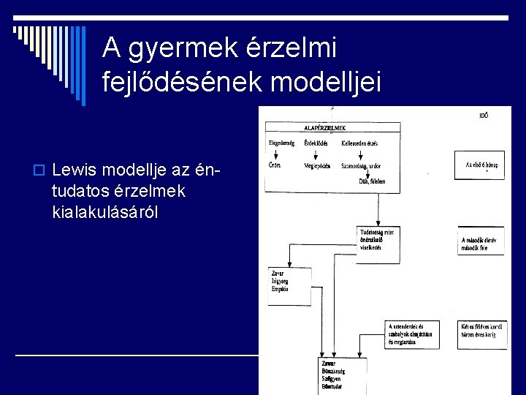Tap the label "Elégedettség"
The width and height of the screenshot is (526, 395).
[281, 143]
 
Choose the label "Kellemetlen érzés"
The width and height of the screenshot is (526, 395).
[359, 143]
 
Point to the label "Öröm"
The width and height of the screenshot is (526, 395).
[274, 165]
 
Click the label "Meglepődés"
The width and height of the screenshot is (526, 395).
[318, 165]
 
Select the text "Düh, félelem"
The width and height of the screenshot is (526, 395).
[372, 181]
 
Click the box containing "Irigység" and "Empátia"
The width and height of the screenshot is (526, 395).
[289, 285]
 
